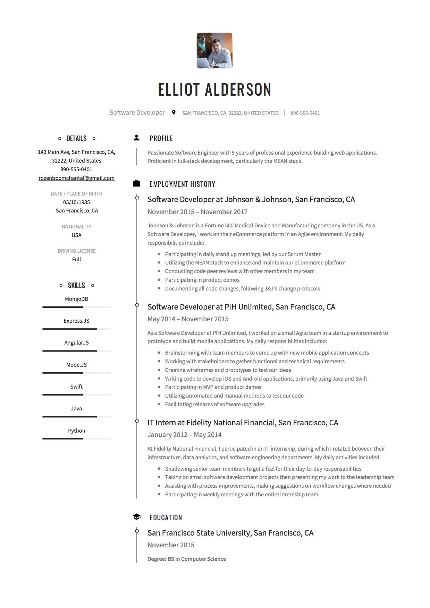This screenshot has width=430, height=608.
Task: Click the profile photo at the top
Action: pyautogui.click(x=214, y=51)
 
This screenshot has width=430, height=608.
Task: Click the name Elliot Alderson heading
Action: pyautogui.click(x=214, y=90)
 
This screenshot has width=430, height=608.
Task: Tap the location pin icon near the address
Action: pyautogui.click(x=174, y=112)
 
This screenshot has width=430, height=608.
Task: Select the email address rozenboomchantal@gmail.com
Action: pyautogui.click(x=76, y=178)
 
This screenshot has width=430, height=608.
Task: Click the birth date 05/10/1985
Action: pyautogui.click(x=76, y=202)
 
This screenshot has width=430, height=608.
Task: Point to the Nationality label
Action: pyautogui.click(x=76, y=227)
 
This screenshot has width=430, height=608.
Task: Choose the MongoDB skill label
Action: pyautogui.click(x=76, y=299)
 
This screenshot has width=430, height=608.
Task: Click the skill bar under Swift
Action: pyautogui.click(x=76, y=395)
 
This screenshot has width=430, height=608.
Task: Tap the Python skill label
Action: pyautogui.click(x=76, y=431)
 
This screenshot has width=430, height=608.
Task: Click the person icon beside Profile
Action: pyautogui.click(x=136, y=138)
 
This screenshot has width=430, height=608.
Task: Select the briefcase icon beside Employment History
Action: pyautogui.click(x=136, y=184)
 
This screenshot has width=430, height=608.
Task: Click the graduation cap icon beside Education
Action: pyautogui.click(x=136, y=517)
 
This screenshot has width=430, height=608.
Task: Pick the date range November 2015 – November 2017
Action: pyautogui.click(x=197, y=212)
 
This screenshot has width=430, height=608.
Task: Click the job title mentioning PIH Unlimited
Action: pyautogui.click(x=241, y=307)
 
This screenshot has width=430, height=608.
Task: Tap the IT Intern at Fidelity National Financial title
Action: pyautogui.click(x=243, y=423)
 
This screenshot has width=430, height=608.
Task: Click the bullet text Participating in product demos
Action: pyautogui.click(x=202, y=280)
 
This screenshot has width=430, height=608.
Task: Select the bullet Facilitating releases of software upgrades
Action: pyautogui.click(x=214, y=404)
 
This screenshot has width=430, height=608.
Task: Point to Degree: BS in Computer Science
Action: pyautogui.click(x=187, y=559)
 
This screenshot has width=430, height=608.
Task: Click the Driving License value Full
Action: pyautogui.click(x=76, y=259)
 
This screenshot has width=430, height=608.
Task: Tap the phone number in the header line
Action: pyautogui.click(x=305, y=113)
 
